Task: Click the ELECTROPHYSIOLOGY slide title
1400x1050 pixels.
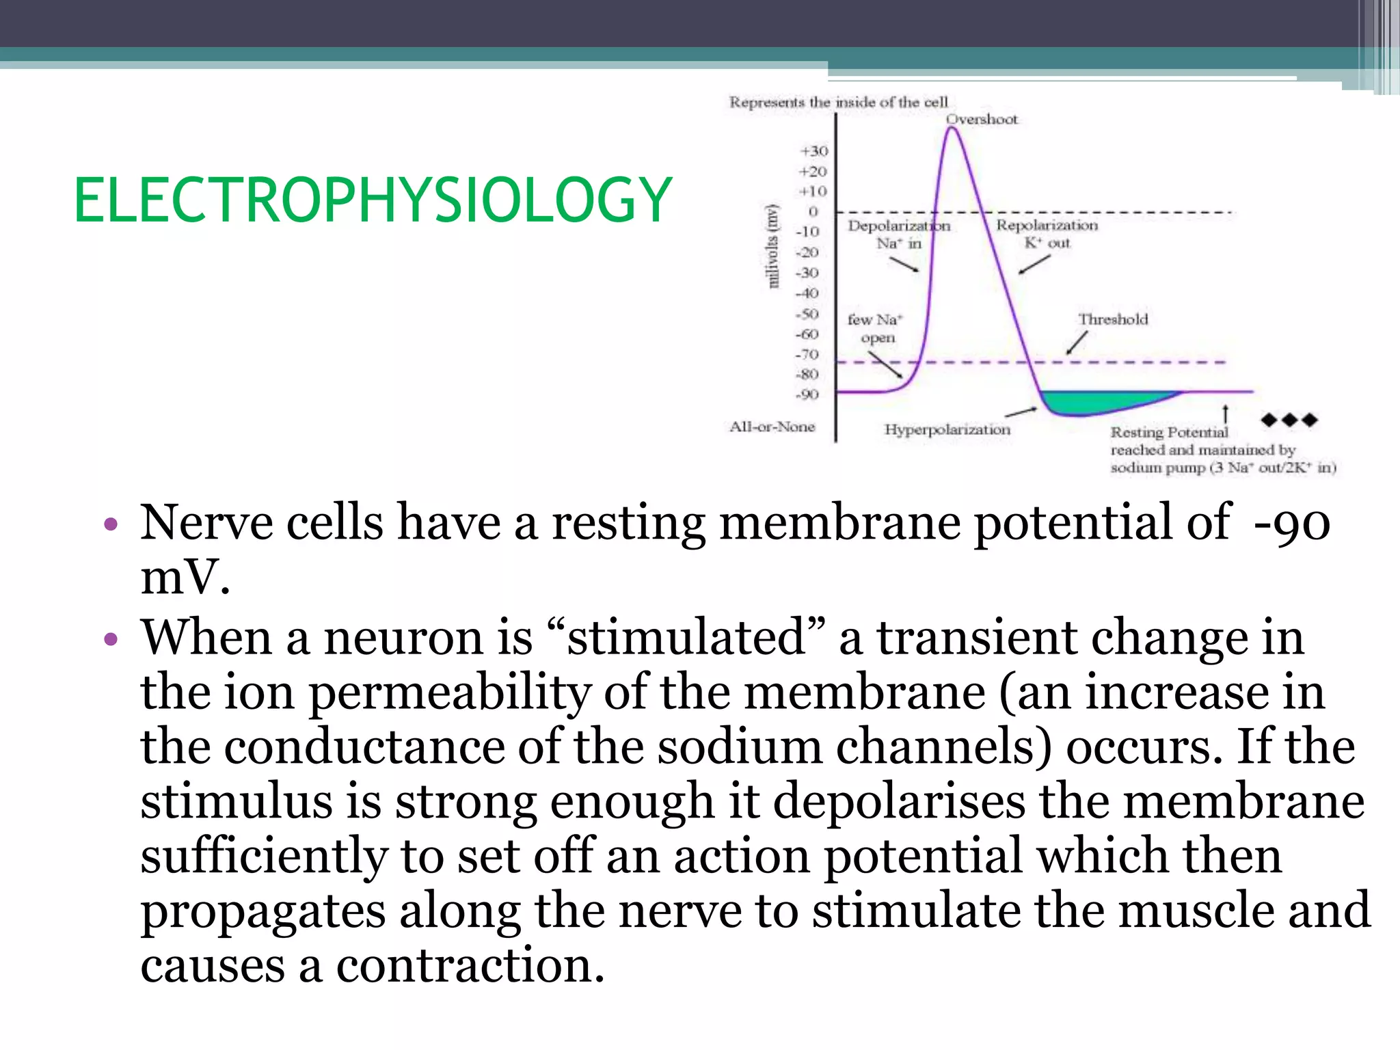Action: pyautogui.click(x=373, y=200)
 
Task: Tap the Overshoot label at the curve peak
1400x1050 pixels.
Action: pyautogui.click(x=982, y=120)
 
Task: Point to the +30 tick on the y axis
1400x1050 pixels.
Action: pyautogui.click(x=813, y=151)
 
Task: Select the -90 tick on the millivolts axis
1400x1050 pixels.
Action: pyautogui.click(x=807, y=394)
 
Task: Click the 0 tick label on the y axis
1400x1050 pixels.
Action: pyautogui.click(x=813, y=212)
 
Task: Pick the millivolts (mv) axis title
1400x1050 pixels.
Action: pyautogui.click(x=772, y=246)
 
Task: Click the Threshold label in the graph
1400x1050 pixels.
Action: pyautogui.click(x=1113, y=319)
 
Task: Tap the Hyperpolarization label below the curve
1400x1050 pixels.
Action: pyautogui.click(x=947, y=430)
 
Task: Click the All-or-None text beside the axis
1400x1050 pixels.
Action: pyautogui.click(x=772, y=427)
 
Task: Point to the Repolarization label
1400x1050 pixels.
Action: pyautogui.click(x=1047, y=226)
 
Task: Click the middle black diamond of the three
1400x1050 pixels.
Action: pyautogui.click(x=1289, y=420)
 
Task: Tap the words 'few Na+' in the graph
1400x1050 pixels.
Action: pyautogui.click(x=875, y=320)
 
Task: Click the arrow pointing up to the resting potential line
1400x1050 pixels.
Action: pyautogui.click(x=1226, y=414)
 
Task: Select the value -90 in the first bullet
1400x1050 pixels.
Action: pyautogui.click(x=1292, y=524)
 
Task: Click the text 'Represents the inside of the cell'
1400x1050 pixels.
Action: pyautogui.click(x=838, y=103)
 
